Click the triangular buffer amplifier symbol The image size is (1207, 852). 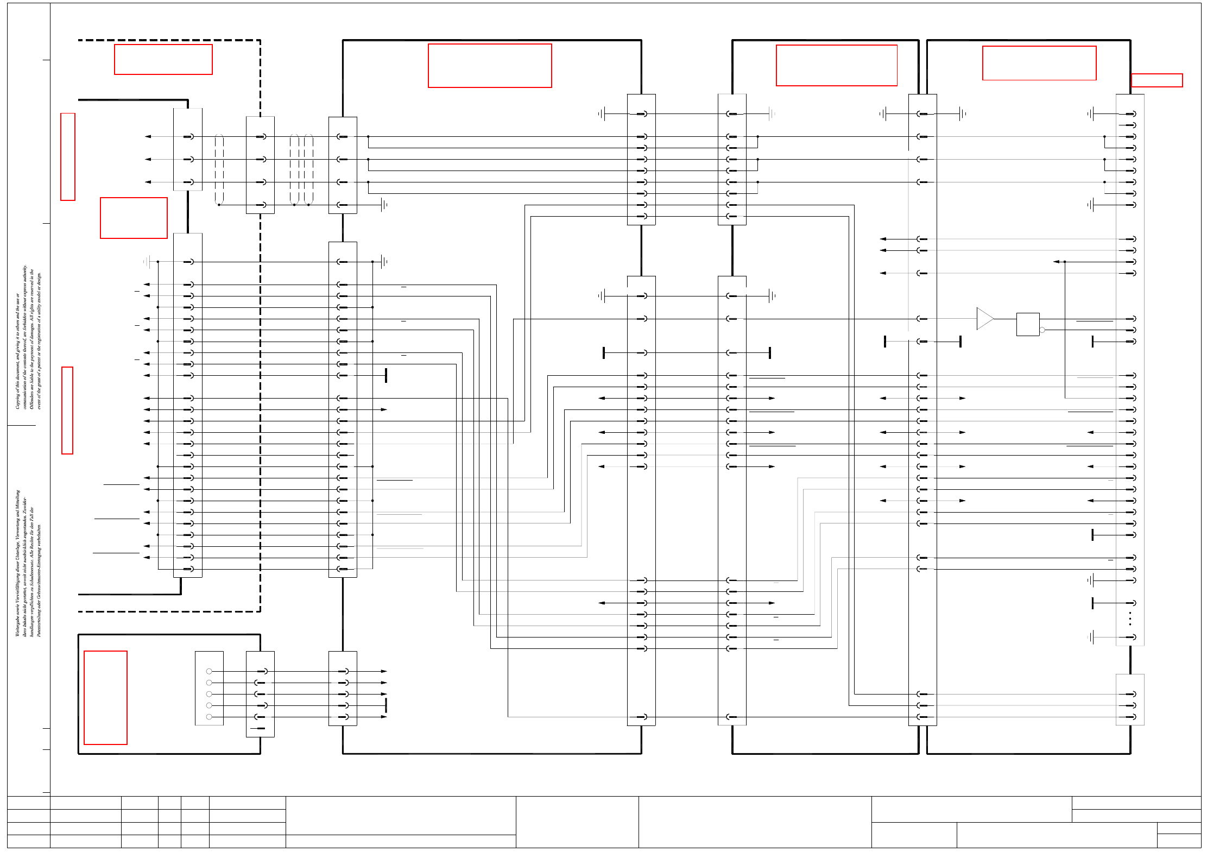pos(984,319)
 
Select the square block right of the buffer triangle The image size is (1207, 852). pos(1028,324)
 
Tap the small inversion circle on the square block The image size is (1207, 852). pos(1042,330)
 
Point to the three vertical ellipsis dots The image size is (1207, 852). pos(1130,619)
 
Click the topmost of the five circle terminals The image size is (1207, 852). pos(209,671)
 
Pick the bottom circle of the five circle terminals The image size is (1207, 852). pos(209,717)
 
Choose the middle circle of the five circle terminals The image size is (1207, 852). pos(209,694)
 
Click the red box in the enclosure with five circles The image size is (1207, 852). pos(105,697)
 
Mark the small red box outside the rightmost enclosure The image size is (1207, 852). pos(1157,80)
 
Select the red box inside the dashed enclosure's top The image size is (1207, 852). pos(163,59)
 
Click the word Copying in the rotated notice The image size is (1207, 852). pos(17,399)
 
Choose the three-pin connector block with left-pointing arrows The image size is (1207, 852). pos(187,149)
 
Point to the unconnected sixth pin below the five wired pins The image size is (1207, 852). pos(261,728)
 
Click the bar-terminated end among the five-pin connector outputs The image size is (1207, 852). pos(386,705)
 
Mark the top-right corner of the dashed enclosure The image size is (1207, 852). pos(260,40)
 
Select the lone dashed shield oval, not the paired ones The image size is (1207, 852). pos(219,169)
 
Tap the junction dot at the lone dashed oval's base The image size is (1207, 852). pos(219,205)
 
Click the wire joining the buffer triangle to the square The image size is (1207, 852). pos(1005,319)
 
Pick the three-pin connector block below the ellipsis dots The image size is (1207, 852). pos(1129,699)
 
